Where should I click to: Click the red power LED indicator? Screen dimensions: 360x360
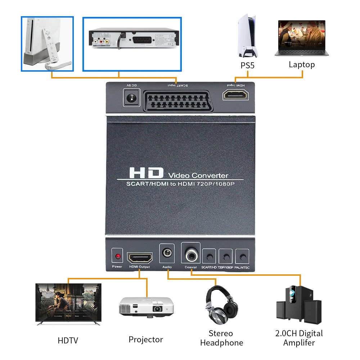click(x=117, y=257)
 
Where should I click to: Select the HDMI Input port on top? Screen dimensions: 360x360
click(x=236, y=95)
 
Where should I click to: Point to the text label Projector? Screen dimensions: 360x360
click(x=146, y=339)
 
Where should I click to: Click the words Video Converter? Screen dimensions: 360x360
click(x=198, y=176)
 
